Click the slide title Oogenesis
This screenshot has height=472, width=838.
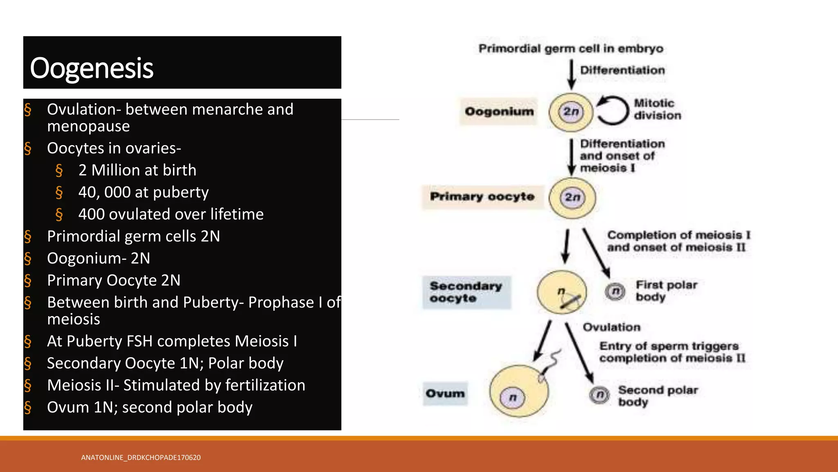click(92, 68)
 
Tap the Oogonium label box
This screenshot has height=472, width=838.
click(499, 111)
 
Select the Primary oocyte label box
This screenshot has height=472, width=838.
click(482, 197)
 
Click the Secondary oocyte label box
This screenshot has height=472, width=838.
click(466, 292)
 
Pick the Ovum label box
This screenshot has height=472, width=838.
click(445, 393)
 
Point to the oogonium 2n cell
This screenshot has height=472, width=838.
click(570, 112)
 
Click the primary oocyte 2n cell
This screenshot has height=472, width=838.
click(572, 198)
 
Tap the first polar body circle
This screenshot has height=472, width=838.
click(615, 291)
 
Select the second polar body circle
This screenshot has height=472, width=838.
click(599, 395)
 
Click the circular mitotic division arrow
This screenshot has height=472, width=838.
click(613, 110)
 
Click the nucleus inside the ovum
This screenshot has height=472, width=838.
click(512, 397)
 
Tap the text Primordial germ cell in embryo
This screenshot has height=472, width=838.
click(571, 49)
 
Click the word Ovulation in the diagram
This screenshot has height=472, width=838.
click(611, 327)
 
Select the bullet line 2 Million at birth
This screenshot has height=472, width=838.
click(137, 170)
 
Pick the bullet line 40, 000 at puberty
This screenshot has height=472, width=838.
click(143, 192)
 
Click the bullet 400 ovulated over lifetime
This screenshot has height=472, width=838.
click(171, 214)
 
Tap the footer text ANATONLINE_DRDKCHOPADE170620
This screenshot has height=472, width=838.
click(141, 458)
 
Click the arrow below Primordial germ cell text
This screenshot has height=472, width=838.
click(572, 74)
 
